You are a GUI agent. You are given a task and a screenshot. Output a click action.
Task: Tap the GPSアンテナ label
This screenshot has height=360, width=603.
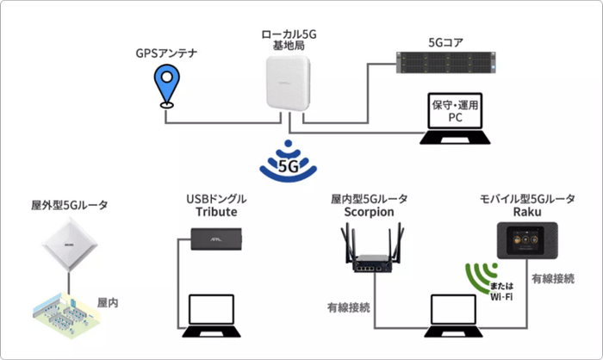(x=167, y=53)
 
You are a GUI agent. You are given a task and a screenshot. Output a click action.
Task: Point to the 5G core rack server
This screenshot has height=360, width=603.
(x=447, y=62)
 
